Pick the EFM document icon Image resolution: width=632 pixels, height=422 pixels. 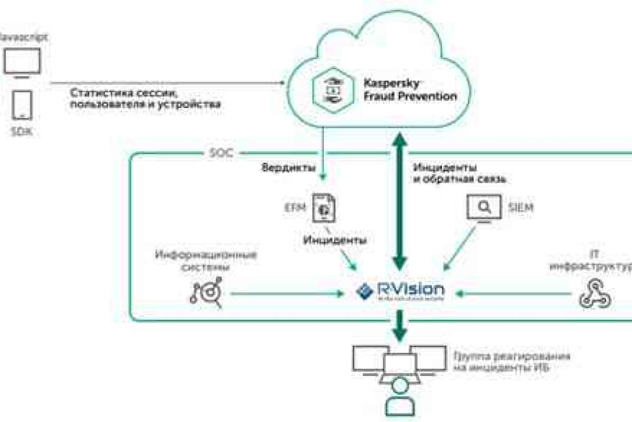(x=324, y=207)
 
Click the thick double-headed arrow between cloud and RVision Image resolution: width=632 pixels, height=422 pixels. (x=400, y=200)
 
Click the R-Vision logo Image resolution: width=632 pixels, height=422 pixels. (x=400, y=290)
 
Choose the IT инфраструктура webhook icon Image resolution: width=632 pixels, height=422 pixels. (x=594, y=295)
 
